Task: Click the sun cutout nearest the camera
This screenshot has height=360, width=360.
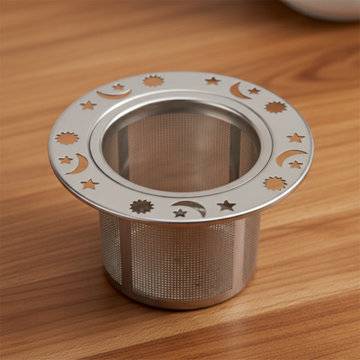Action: [141, 206]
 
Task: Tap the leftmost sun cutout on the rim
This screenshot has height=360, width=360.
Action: [67, 139]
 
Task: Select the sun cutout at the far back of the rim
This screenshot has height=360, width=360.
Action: [153, 81]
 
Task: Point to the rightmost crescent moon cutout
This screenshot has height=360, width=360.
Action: [287, 157]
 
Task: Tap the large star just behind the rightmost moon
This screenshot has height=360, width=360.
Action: [295, 138]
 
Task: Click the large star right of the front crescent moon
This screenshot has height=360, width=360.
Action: [226, 205]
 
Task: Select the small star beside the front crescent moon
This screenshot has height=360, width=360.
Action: [180, 213]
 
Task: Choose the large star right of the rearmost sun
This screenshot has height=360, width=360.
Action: [212, 80]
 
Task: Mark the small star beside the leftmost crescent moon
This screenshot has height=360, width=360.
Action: [66, 160]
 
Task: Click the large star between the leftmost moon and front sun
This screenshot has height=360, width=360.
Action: [89, 184]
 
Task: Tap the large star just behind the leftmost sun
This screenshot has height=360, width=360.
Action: [87, 105]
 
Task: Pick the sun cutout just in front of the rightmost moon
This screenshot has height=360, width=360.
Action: [274, 183]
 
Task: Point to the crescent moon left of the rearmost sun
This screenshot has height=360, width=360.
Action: [113, 93]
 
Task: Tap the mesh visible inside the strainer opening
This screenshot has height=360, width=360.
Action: [180, 153]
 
